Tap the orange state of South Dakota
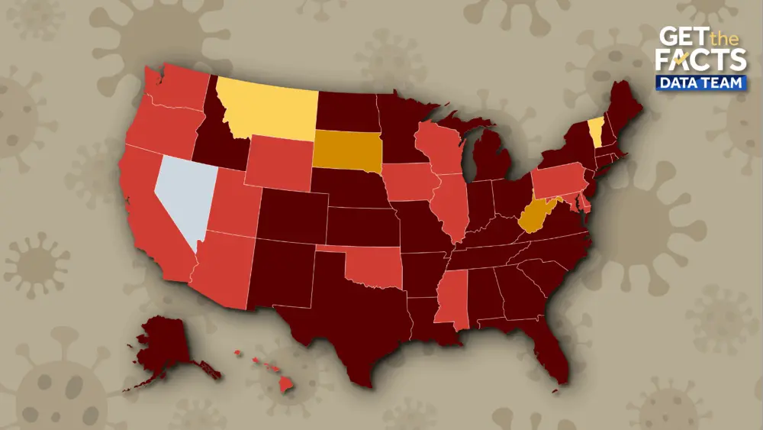point(347,150)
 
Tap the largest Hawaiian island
point(285,384)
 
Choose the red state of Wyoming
point(278,163)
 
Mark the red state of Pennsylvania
point(559,183)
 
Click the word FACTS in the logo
point(702,60)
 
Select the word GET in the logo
point(681,37)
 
